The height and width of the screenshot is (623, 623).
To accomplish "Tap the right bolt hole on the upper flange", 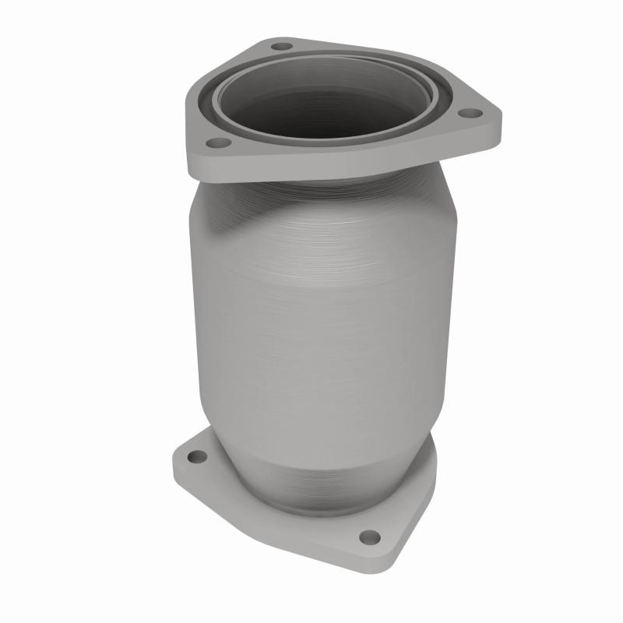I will tap(467, 114).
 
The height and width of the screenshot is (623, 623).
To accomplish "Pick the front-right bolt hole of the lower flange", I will tap(371, 537).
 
